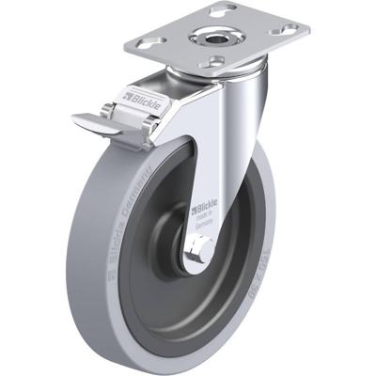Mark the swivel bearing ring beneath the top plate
[211, 76]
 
